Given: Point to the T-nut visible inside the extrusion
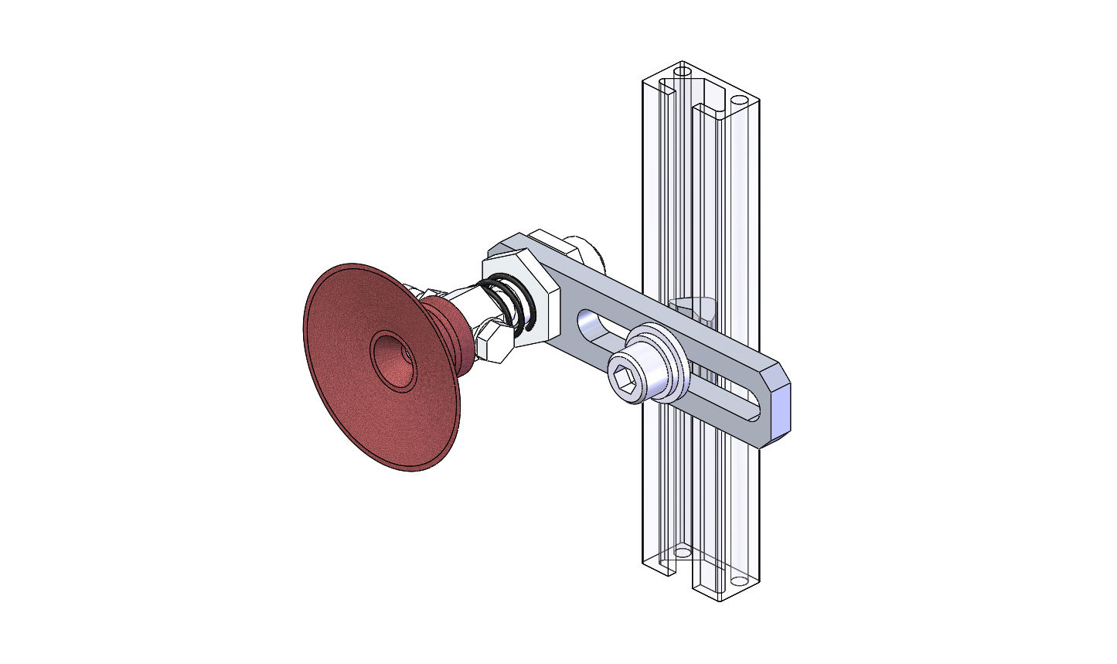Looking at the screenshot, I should coord(695,306).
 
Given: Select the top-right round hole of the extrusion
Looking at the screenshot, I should coord(739,101).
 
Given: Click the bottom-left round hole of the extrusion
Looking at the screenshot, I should coord(682,553).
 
